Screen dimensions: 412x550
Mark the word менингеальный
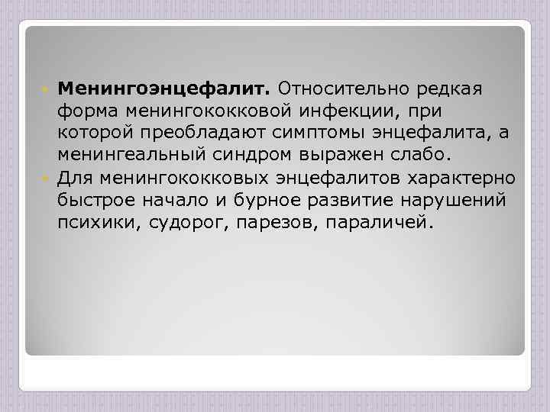pos(132,156)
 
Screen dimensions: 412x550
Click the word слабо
pos(422,156)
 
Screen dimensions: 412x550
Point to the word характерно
pos(467,179)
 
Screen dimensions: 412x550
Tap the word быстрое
pos(96,201)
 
